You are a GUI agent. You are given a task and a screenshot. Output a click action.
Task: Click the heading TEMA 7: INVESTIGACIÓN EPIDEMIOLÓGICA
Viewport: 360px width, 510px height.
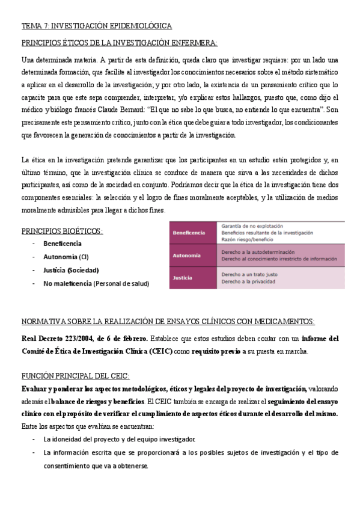tap(96, 26)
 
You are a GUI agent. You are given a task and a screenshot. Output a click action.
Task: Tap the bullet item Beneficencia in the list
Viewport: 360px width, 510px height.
tap(62, 244)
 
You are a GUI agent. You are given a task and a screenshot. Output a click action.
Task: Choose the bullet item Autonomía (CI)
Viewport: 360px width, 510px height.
tap(66, 257)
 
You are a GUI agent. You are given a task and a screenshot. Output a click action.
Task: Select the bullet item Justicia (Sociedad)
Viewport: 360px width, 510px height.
tap(71, 270)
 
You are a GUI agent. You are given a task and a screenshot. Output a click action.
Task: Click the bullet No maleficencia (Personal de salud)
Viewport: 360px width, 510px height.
tap(96, 283)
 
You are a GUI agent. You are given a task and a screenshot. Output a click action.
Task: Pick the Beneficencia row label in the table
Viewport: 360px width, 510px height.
tap(189, 232)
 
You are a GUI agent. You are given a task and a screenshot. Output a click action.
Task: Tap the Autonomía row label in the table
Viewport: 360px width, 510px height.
tap(186, 255)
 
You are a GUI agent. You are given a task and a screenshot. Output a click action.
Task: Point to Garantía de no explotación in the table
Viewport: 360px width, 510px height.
tap(252, 226)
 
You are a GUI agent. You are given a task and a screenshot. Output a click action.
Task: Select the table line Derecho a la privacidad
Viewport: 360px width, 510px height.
tap(248, 281)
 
